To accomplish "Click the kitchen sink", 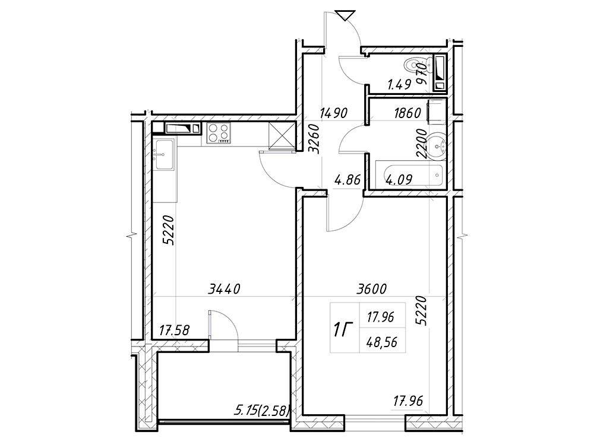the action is [x=164, y=154].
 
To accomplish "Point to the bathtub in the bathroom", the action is [x=409, y=175].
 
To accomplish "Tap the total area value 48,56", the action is [x=381, y=342].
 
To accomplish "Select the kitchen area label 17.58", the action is [x=174, y=330].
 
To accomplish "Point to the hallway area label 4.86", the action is [x=347, y=179].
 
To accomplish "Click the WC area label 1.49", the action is [x=399, y=84].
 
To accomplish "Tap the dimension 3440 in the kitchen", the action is [x=225, y=290].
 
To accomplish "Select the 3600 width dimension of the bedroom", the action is [x=371, y=289].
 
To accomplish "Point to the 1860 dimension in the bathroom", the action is [x=407, y=113].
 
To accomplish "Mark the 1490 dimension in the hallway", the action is [x=333, y=113].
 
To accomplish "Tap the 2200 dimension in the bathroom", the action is [x=421, y=144].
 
